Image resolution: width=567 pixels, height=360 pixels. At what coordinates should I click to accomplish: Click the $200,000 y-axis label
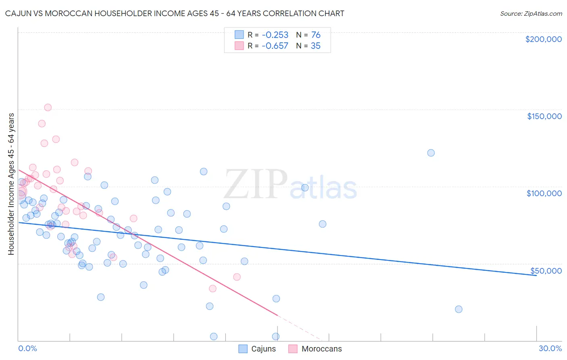(x=543, y=39)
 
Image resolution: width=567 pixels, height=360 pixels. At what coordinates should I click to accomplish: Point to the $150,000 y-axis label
(x=544, y=116)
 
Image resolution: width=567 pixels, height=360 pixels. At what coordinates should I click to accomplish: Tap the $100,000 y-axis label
(x=544, y=193)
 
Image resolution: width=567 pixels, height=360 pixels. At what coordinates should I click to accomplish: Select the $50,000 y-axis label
(x=546, y=270)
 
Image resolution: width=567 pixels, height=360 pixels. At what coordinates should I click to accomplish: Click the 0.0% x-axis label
(x=27, y=348)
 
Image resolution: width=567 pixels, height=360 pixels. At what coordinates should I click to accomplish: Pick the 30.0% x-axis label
(x=550, y=348)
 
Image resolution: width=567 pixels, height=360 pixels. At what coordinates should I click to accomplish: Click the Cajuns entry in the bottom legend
(x=257, y=349)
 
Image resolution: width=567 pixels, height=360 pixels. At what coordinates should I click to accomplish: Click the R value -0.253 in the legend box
(x=275, y=35)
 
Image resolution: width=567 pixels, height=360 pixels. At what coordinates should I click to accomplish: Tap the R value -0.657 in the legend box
(x=275, y=46)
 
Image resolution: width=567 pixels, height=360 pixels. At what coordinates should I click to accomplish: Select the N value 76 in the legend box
(x=315, y=35)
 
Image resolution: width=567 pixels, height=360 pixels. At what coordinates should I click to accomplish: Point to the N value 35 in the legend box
(x=315, y=46)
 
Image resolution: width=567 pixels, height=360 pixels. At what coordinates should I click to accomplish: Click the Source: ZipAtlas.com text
(x=531, y=13)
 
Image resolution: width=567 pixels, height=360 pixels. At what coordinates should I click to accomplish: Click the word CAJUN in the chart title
(x=18, y=13)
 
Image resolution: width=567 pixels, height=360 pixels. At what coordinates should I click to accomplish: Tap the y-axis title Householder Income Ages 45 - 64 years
(x=11, y=184)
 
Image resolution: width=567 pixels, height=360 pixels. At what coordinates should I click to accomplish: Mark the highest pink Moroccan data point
(x=48, y=107)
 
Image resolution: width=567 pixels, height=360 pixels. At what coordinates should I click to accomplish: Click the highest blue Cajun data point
(x=431, y=153)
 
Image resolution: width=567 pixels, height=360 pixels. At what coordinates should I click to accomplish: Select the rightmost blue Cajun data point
(x=459, y=309)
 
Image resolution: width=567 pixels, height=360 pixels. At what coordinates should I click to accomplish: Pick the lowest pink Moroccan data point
(x=213, y=288)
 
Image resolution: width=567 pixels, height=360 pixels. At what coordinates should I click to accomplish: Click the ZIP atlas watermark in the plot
(x=290, y=185)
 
